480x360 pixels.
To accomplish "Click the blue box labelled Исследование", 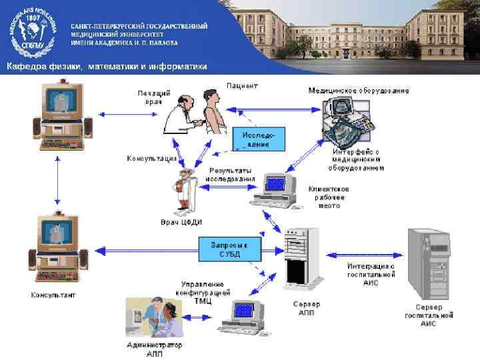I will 259,139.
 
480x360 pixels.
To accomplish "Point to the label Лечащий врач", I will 153,97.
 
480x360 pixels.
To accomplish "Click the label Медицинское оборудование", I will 359,90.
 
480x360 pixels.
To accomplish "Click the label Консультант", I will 53,294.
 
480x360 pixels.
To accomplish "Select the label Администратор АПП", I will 154,349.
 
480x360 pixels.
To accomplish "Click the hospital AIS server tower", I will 428,263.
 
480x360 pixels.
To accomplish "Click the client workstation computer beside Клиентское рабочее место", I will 274,189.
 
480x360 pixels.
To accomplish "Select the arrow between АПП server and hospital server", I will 364,254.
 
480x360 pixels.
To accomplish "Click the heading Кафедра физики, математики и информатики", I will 107,66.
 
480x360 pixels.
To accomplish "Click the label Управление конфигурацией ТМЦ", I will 203,293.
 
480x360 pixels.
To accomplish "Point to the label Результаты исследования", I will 231,175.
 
